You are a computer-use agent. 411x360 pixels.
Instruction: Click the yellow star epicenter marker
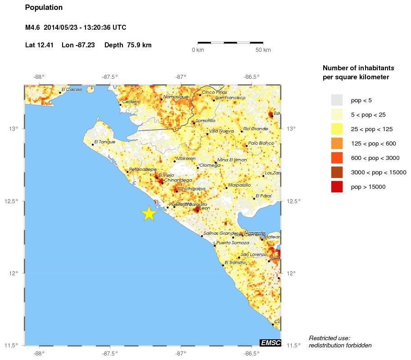point(149,213)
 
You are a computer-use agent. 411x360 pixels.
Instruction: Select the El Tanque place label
point(104,141)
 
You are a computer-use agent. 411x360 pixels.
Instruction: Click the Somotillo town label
point(205,120)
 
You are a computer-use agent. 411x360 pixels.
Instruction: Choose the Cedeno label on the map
point(131,102)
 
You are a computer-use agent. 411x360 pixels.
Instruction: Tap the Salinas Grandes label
point(221,233)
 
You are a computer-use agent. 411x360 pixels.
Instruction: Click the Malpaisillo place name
point(239,185)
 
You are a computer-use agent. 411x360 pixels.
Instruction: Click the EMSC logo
point(271,343)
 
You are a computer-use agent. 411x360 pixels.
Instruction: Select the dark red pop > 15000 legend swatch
point(337,186)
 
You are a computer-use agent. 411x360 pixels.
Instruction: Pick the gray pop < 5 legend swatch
point(337,100)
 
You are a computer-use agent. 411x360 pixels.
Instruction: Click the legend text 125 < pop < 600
point(373,143)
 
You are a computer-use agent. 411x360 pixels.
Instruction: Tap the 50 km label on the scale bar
point(263,50)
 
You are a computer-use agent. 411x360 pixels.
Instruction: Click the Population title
point(44,8)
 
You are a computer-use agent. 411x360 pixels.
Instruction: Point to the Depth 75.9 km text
point(127,45)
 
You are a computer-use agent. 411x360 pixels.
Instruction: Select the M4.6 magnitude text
point(33,27)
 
